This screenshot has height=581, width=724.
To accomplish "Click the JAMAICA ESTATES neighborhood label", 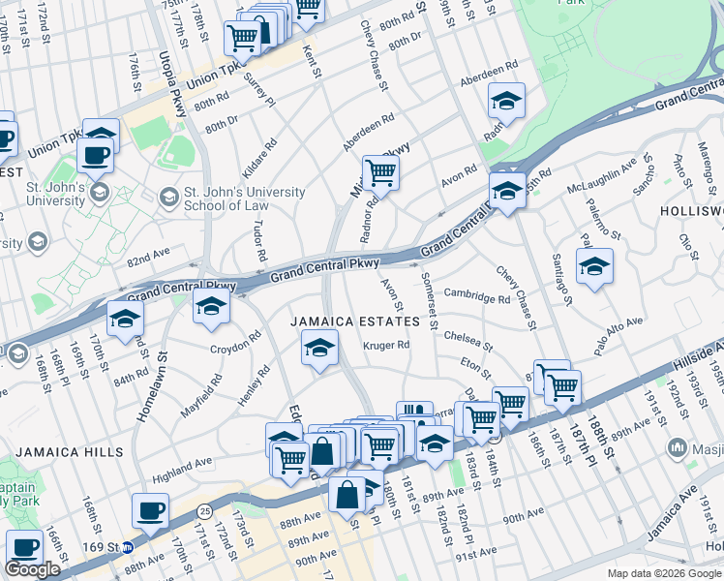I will (357, 321).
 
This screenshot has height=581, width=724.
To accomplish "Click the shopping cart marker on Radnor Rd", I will (380, 174).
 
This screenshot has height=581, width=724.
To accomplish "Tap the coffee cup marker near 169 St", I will (150, 511).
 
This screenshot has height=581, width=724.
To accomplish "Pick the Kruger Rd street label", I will (386, 345).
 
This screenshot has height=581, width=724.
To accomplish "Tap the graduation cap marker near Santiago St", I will (594, 266).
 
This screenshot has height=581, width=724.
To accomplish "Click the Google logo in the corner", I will (32, 569).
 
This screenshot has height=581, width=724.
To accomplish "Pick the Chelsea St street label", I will (468, 341).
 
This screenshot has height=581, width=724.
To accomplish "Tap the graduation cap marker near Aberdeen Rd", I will (505, 101).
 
